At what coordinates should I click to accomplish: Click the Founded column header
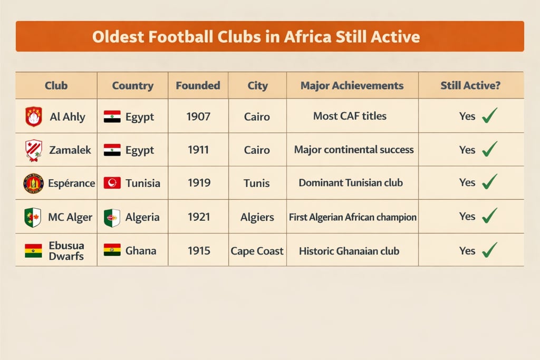click(198, 85)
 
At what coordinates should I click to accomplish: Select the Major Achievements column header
click(352, 85)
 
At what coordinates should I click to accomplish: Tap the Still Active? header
click(470, 85)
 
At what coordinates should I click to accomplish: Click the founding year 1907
click(198, 116)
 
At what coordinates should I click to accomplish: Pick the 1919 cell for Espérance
click(198, 183)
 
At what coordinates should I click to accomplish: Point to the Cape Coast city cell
click(257, 251)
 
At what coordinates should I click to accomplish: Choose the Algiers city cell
click(257, 217)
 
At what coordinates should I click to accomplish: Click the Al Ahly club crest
click(33, 116)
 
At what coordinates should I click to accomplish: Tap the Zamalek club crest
click(33, 150)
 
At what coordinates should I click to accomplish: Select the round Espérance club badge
click(33, 183)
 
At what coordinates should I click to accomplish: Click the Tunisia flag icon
click(112, 183)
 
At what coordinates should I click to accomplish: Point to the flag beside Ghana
click(112, 250)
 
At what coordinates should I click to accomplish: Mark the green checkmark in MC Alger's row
click(490, 216)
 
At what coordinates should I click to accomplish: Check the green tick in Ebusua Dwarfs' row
click(490, 249)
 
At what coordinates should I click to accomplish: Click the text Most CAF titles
click(350, 116)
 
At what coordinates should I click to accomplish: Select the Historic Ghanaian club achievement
click(349, 251)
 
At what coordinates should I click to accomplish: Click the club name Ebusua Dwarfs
click(66, 250)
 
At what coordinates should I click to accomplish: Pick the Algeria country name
click(142, 217)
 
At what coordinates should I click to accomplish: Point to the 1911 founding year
click(198, 150)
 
